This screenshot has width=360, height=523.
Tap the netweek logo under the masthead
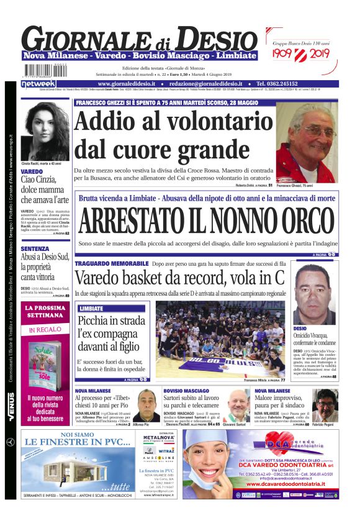coord(38,84)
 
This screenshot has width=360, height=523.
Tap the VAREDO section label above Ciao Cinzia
coord(32,171)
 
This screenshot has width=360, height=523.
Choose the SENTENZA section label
coord(35,248)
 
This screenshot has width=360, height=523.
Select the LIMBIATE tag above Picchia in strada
coord(91,308)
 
